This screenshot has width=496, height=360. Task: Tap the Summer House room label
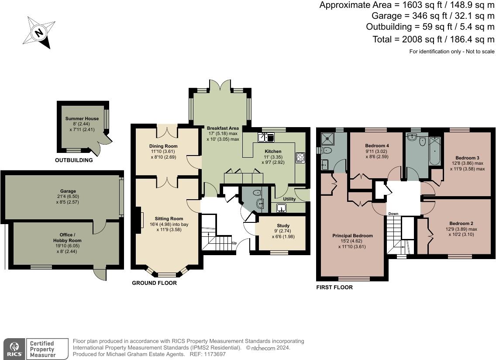pos(82,118)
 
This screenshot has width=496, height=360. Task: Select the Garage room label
pos(68,191)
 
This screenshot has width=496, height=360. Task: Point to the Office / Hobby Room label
pos(67,238)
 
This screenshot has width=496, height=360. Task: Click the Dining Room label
pos(163,146)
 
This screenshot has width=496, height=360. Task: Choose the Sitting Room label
pos(169,218)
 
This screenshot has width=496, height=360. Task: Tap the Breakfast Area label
pos(223,128)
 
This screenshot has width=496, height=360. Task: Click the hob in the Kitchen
pos(300,158)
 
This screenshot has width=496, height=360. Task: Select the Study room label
pos(283,226)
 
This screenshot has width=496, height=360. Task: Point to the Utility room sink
pos(281,208)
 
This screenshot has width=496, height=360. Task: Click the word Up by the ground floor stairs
pos(234,243)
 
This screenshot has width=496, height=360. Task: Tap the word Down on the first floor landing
pos(393,214)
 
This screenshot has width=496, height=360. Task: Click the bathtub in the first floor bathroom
pos(435,150)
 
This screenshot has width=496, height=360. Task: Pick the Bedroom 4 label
pos(377,145)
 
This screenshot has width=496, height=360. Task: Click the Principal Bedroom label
pos(352,235)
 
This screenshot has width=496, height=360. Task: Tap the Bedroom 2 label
pos(461,224)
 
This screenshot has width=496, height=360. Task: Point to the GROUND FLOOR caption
pos(155,283)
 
